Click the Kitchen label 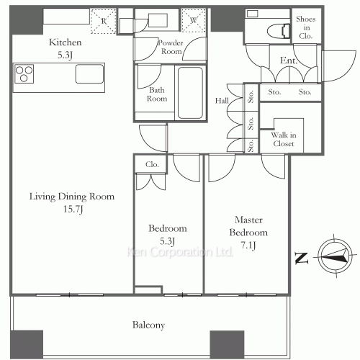[66, 42]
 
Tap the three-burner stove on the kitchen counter [24, 74]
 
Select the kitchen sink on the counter [89, 74]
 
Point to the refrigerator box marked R [104, 21]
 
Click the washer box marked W [194, 20]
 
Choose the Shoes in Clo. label [306, 27]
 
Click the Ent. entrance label [289, 60]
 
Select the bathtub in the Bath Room [190, 93]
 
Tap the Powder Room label [171, 47]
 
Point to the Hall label [222, 101]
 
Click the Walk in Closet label [284, 139]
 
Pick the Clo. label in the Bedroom [152, 164]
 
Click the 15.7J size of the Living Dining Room [73, 209]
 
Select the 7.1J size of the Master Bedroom [248, 245]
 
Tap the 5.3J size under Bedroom [167, 241]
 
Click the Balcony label [148, 325]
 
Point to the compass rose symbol [335, 256]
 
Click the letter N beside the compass [302, 258]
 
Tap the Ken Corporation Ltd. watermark [179, 252]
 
